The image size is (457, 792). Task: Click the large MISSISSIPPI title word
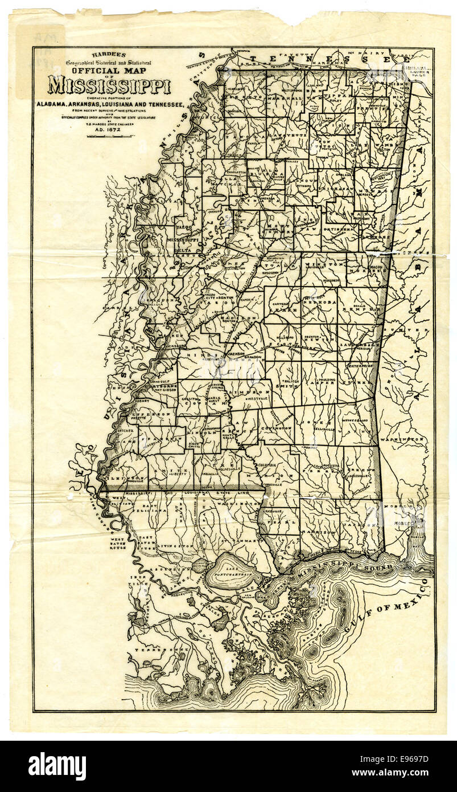(x=109, y=85)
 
